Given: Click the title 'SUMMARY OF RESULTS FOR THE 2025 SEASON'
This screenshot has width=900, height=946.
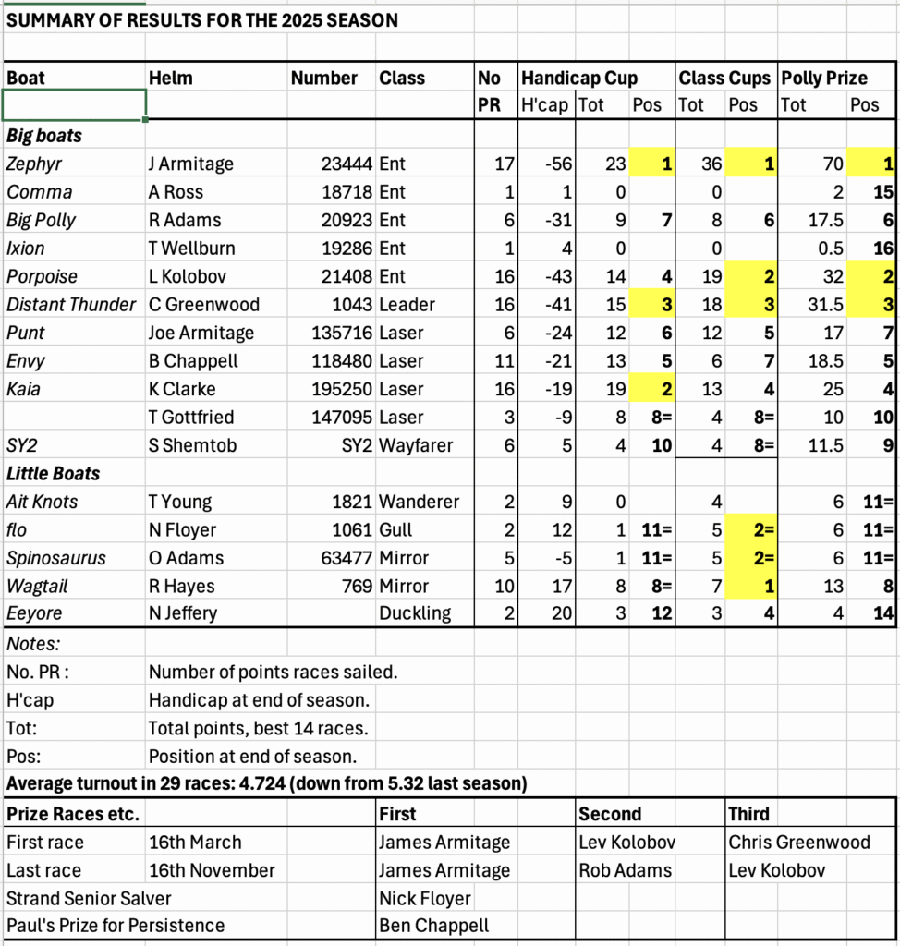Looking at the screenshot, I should [202, 19].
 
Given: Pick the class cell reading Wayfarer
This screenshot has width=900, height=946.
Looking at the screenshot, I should [416, 445].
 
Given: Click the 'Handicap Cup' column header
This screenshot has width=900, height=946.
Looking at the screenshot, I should [579, 78].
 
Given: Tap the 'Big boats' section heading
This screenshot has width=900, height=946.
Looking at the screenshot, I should [44, 136].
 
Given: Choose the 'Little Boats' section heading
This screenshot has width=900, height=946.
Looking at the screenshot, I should [53, 473].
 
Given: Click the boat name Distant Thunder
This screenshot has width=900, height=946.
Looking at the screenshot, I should [72, 305].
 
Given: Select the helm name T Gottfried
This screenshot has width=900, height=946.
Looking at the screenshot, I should [191, 418].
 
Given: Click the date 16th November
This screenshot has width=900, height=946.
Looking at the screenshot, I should [212, 870].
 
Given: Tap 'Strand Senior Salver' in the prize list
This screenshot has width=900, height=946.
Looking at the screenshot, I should [89, 898].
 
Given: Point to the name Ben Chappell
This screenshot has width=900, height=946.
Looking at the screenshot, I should [433, 926].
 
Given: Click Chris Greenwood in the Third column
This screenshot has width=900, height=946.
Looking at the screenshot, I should [799, 843].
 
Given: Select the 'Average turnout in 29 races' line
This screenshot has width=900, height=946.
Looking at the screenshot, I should [267, 784].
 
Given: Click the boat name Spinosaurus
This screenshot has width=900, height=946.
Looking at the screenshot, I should [56, 558].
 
